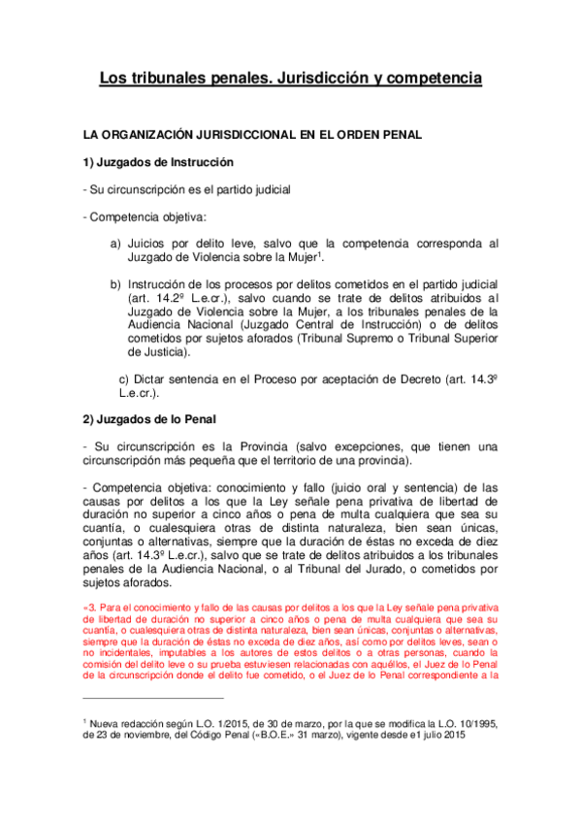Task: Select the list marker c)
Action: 123,378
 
